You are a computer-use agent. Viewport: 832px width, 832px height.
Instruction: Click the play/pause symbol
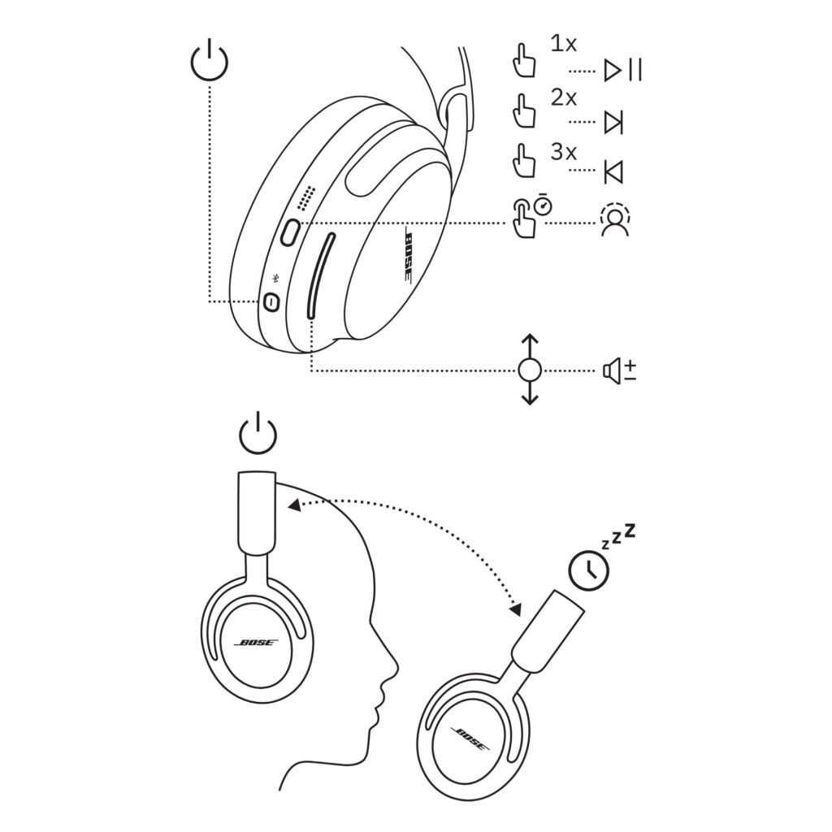point(623,70)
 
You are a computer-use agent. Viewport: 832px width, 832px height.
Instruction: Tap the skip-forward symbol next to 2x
point(614,123)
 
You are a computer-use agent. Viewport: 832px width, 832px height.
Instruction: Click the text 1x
point(564,44)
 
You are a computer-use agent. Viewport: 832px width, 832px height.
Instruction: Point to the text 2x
point(564,97)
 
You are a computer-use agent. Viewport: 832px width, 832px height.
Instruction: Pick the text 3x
point(564,152)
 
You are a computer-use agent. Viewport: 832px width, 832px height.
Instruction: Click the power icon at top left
point(210,59)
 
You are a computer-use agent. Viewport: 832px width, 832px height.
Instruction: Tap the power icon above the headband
point(258,432)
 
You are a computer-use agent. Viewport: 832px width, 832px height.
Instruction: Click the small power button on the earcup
point(271,302)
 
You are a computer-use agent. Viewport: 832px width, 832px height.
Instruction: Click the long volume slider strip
point(321,276)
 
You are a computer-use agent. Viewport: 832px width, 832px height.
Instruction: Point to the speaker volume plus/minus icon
point(619,370)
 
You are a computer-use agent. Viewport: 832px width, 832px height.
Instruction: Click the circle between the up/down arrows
point(530,370)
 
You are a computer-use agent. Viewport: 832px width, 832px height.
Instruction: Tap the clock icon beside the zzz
point(588,570)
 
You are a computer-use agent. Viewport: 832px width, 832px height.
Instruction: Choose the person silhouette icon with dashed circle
point(616,218)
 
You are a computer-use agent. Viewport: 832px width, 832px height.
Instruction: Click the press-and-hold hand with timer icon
point(531,217)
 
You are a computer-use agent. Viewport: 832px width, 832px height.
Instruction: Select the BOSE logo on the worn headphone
point(256,643)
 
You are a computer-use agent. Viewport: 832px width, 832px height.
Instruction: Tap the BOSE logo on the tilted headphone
point(470,738)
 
